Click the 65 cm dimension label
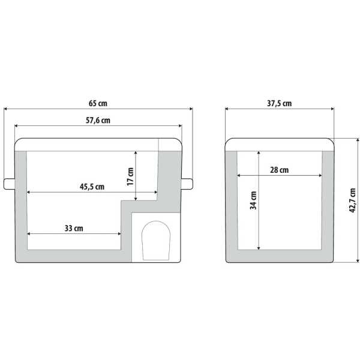coord(98,103)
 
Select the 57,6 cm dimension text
coord(98,121)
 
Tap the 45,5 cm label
coord(92,187)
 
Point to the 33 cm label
coord(74,228)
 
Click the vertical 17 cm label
coord(130,176)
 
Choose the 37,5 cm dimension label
coord(280,103)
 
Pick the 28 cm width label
coord(280,170)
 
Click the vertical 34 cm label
coord(253,200)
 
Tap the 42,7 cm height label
coord(352,200)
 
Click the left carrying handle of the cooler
coord(9,184)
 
